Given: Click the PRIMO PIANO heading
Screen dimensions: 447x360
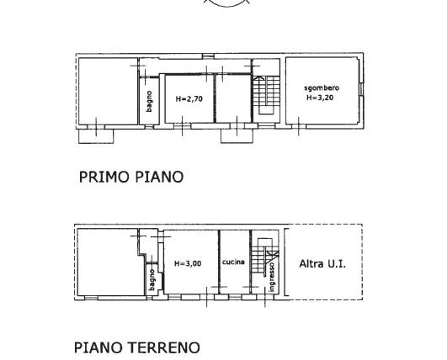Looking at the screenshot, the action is [x=131, y=177].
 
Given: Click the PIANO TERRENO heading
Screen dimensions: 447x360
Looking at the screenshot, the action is [x=137, y=347].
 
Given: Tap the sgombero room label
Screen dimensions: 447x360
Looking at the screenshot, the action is [x=322, y=88].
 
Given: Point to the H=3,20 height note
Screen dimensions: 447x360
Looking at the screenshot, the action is [x=320, y=98].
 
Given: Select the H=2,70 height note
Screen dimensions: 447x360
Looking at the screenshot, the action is [x=189, y=99].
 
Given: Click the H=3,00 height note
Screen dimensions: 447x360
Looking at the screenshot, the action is [x=188, y=264].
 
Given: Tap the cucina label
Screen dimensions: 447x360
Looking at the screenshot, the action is [x=233, y=262].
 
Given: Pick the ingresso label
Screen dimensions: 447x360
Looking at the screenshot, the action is [x=272, y=277].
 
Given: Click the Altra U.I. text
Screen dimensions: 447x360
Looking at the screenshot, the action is [x=322, y=264].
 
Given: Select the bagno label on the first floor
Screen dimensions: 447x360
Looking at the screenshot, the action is [x=149, y=102].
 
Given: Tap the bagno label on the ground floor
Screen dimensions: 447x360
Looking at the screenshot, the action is [x=152, y=280].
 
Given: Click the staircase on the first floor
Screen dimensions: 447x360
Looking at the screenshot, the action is [x=266, y=95].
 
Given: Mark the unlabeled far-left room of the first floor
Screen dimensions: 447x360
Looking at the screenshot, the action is [x=108, y=91].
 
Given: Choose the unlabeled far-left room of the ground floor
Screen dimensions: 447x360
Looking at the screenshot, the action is [x=110, y=262].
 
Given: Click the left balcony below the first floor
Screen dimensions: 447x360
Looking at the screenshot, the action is [x=96, y=136].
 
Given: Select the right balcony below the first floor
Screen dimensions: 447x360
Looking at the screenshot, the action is [x=237, y=136].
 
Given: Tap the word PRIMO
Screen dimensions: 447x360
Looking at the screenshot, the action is [x=104, y=177].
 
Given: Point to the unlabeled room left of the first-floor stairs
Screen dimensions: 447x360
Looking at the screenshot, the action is [x=233, y=98].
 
